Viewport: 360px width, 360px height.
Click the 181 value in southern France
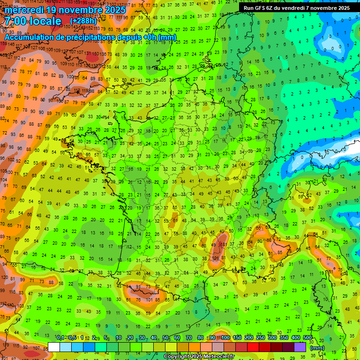pyautogui.click(x=224, y=244)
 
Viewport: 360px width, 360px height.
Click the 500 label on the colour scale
pyautogui.click(x=307, y=338)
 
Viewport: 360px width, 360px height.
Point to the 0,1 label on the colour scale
pyautogui.click(x=60, y=338)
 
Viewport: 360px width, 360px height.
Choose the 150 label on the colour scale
pyautogui.click(x=237, y=338)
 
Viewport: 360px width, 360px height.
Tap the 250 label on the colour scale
pyautogui.click(x=261, y=338)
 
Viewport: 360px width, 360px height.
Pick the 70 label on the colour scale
pyautogui.click(x=189, y=338)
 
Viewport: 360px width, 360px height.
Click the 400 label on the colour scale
pyautogui.click(x=296, y=338)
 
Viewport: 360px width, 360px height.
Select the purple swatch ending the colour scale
pyautogui.click(x=300, y=347)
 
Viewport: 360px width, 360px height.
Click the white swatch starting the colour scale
pyautogui.click(x=54, y=347)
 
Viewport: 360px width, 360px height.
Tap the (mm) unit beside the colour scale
pyautogui.click(x=317, y=348)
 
